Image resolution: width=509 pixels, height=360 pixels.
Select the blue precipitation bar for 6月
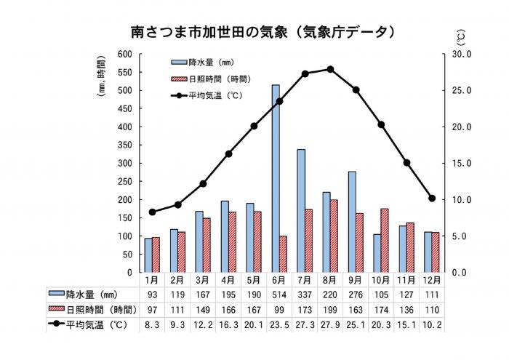point(276,178)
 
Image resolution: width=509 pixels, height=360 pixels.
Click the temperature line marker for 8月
point(330,69)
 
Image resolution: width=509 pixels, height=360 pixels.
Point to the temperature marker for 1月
point(152,212)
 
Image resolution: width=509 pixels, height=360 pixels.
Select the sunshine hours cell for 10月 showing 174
point(381,310)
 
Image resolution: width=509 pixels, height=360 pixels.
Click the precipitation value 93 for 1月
point(152,295)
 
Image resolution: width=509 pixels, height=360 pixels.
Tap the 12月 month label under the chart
point(432,280)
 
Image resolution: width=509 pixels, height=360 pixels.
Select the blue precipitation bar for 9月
point(352,222)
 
